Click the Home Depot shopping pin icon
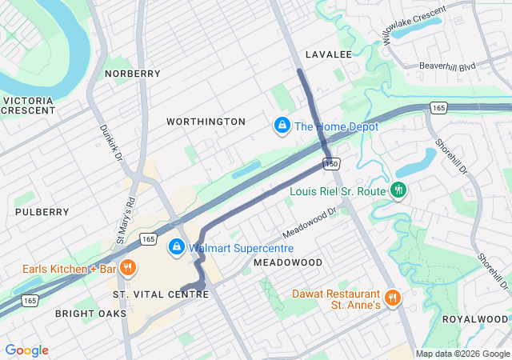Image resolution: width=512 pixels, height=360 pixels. tap(282, 126)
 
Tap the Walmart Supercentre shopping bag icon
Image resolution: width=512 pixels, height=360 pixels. tap(177, 248)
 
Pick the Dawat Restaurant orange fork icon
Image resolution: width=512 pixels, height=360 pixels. tap(391, 297)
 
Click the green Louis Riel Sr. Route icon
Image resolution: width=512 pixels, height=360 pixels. tap(398, 190)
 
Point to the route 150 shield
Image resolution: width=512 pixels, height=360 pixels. tap(332, 163)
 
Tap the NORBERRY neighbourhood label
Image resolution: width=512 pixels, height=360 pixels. tap(132, 74)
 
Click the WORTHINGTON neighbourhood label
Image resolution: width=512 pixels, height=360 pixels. tap(206, 122)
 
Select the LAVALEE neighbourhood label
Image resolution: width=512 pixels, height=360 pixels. tap(328, 54)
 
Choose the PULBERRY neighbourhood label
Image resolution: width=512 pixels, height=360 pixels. tap(42, 212)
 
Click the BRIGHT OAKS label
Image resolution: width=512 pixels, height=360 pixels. tap(90, 314)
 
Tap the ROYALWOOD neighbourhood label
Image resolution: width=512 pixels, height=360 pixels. tap(474, 318)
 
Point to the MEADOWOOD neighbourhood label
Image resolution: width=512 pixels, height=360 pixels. tap(288, 262)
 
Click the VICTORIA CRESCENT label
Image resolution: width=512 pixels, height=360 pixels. tap(29, 106)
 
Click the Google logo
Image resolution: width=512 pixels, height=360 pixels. tap(26, 350)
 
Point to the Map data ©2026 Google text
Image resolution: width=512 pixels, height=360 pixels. tap(462, 354)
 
